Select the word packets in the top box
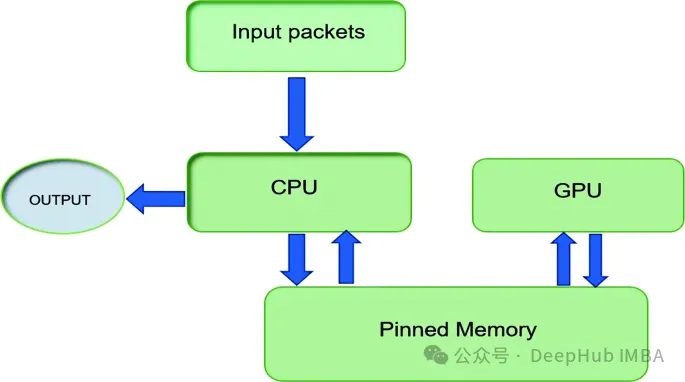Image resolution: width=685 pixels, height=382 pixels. [x=326, y=32]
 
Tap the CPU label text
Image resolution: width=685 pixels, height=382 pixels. [x=294, y=188]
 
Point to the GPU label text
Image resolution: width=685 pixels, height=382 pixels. [x=578, y=190]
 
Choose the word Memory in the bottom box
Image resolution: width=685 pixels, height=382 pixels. [x=496, y=330]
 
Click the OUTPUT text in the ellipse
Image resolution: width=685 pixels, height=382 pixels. [x=60, y=200]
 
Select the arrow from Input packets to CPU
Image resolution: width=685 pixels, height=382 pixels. [x=297, y=114]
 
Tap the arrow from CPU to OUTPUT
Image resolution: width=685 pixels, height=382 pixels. [x=156, y=199]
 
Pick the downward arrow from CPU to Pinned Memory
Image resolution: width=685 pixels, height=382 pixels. [x=297, y=260]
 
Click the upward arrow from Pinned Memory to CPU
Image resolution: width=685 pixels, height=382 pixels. [x=346, y=257]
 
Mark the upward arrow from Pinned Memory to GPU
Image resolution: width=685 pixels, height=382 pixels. [x=564, y=259]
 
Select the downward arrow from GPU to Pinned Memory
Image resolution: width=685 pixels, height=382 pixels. [x=595, y=260]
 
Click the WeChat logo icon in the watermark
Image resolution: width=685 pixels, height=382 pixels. [x=436, y=355]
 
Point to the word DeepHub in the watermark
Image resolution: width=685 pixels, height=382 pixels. [x=566, y=356]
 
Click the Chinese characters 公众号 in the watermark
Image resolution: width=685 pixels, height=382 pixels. [x=481, y=356]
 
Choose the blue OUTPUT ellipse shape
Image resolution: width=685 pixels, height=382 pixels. [x=63, y=196]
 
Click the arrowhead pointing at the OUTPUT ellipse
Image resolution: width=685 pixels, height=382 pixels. [x=135, y=199]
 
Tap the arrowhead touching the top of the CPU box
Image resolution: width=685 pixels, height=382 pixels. [x=297, y=143]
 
